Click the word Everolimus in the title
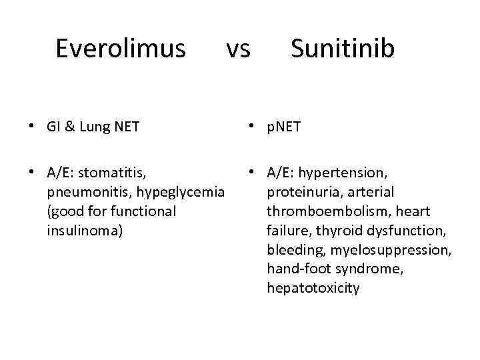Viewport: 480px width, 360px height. click(120, 49)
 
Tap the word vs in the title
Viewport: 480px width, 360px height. click(237, 49)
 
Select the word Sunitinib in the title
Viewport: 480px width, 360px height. click(342, 49)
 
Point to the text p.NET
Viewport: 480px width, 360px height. click(284, 127)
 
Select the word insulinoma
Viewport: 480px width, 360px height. click(85, 231)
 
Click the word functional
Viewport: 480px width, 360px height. click(143, 211)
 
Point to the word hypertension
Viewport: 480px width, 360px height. click(342, 173)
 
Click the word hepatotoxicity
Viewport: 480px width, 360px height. click(313, 288)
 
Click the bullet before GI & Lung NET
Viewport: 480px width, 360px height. click(32, 126)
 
